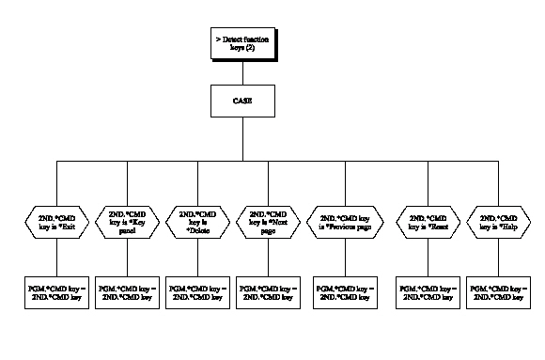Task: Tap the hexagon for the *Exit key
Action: pyautogui.click(x=58, y=222)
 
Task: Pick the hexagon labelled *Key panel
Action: pyautogui.click(x=128, y=222)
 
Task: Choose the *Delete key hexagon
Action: pyautogui.click(x=198, y=222)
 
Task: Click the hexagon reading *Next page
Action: pyautogui.click(x=268, y=222)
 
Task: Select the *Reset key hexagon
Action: pyautogui.click(x=428, y=222)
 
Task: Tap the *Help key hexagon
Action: pyautogui.click(x=498, y=222)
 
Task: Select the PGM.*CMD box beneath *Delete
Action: pyautogui.click(x=198, y=291)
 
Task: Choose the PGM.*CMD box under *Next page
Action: pyautogui.click(x=268, y=291)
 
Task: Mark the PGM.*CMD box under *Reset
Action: pyautogui.click(x=428, y=291)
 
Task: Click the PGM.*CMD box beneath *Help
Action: pyautogui.click(x=498, y=291)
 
